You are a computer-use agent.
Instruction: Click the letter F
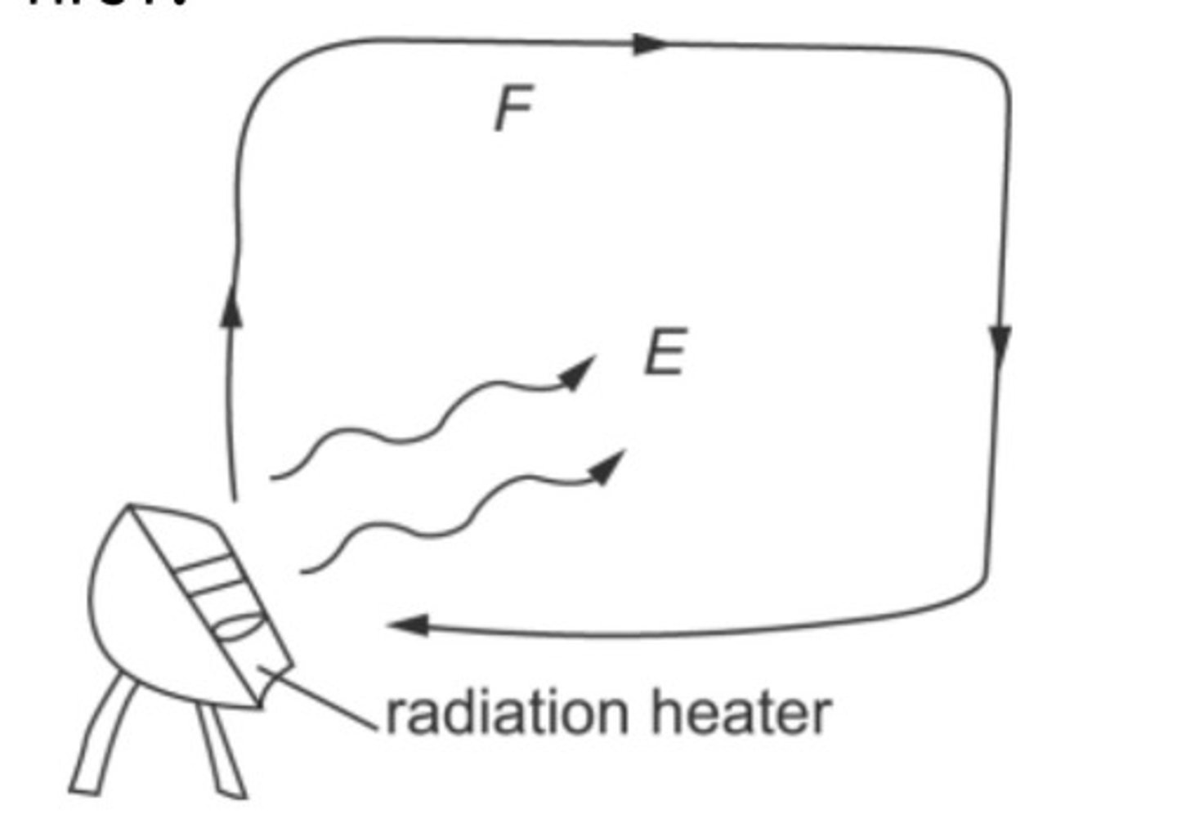tap(513, 109)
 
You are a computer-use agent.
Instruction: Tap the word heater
tap(741, 713)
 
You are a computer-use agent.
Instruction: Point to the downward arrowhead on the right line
tap(1000, 342)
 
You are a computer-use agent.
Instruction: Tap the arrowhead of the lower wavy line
tap(608, 468)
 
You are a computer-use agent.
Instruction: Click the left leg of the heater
tap(102, 736)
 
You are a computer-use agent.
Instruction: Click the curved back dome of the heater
tap(123, 605)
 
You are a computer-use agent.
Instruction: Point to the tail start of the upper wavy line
tap(273, 477)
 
